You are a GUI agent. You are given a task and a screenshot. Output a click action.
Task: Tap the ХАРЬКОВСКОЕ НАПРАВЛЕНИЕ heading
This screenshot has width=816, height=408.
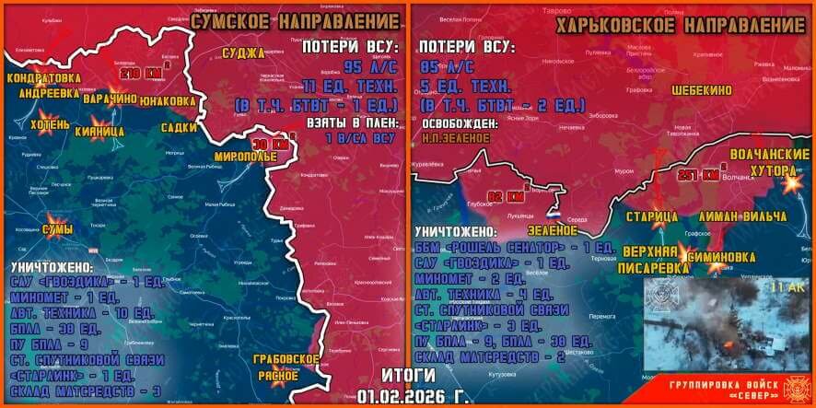(x=681, y=25)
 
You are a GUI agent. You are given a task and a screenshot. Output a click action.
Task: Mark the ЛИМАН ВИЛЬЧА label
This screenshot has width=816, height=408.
(x=742, y=216)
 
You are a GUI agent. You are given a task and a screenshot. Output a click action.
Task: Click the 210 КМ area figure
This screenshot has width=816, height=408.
(x=139, y=73)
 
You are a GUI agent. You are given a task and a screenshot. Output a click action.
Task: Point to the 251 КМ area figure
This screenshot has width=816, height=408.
(x=696, y=175)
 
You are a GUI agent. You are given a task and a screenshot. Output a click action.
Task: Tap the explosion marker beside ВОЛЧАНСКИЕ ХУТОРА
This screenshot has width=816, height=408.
(x=790, y=183)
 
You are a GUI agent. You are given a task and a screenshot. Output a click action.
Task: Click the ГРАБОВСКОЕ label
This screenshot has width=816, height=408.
(x=286, y=359)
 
